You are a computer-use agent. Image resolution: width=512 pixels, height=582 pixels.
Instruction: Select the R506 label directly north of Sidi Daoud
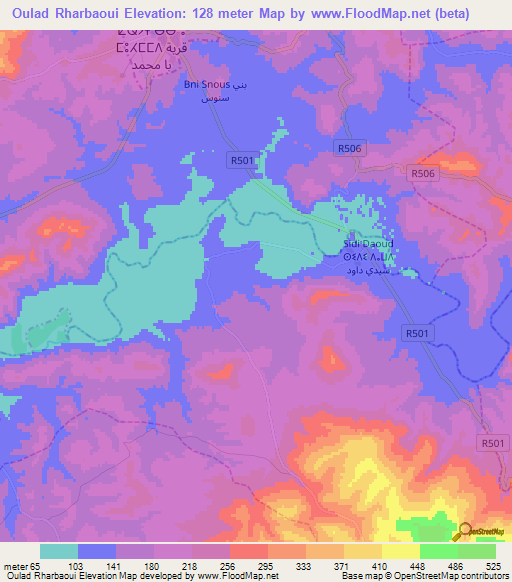point(347,148)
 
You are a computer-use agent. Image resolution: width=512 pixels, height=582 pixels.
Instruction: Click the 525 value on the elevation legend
point(493,565)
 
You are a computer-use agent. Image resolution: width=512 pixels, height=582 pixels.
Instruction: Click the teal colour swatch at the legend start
point(59,551)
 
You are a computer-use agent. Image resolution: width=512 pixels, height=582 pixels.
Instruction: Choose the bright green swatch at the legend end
point(476,551)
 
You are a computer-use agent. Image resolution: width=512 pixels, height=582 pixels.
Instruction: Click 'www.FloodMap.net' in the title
point(366,13)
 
